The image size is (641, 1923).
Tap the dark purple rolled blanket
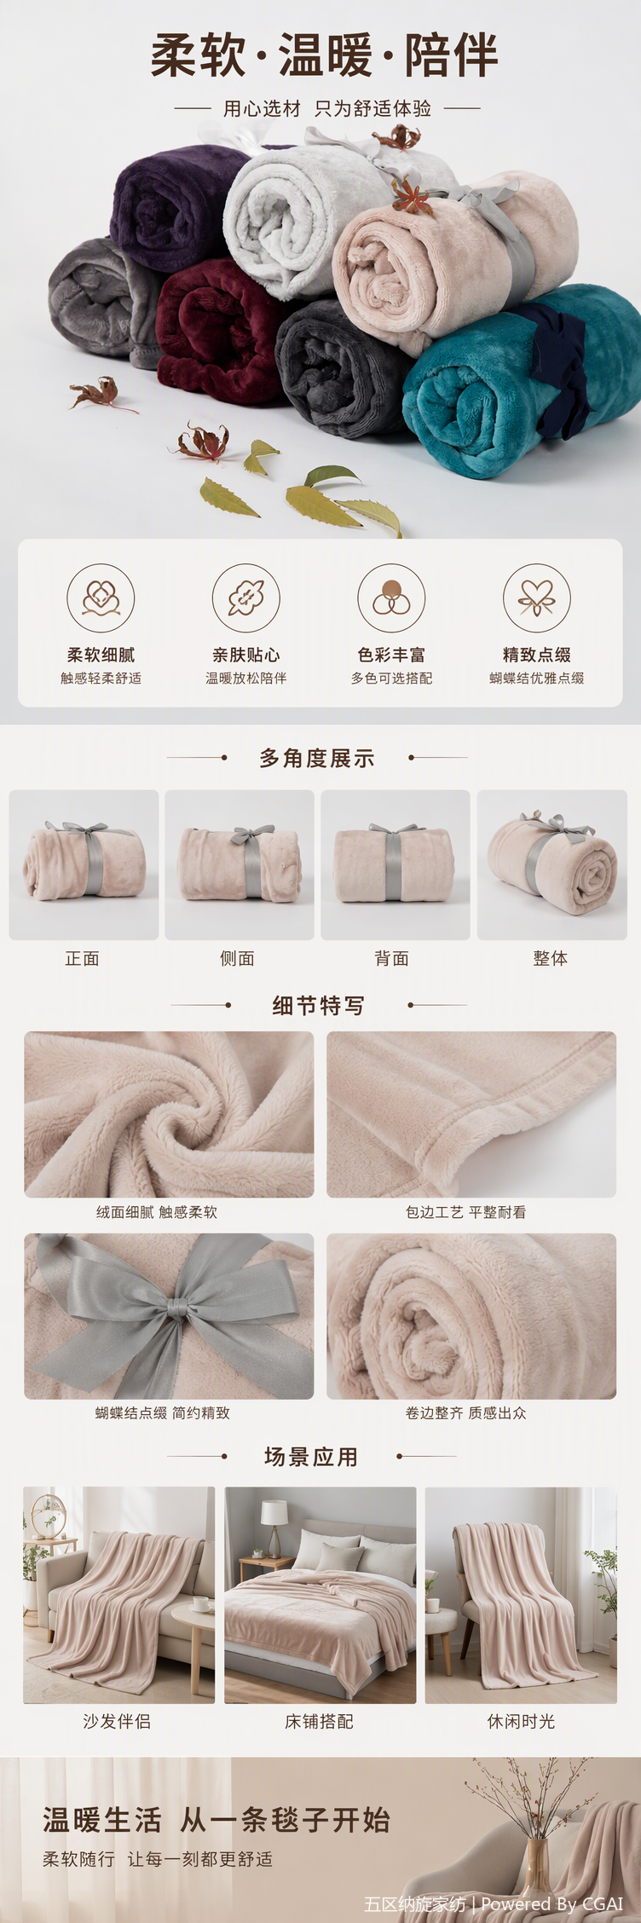coord(170,205)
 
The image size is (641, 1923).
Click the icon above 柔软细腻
coord(101,598)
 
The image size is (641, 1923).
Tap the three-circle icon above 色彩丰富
coord(391,598)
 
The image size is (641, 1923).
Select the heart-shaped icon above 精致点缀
coord(537,598)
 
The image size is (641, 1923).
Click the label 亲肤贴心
coord(246,655)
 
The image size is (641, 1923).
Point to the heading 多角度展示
coord(317,758)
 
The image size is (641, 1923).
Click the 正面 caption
coord(83,959)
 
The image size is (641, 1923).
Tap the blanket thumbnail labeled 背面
coord(396,865)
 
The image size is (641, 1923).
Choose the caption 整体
coord(551,959)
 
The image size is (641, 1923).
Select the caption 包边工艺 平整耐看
coord(466,1212)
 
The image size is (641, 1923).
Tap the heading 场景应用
coord(311,1457)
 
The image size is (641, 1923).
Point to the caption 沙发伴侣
coord(117,1721)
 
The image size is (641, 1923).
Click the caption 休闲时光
coord(521,1721)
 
